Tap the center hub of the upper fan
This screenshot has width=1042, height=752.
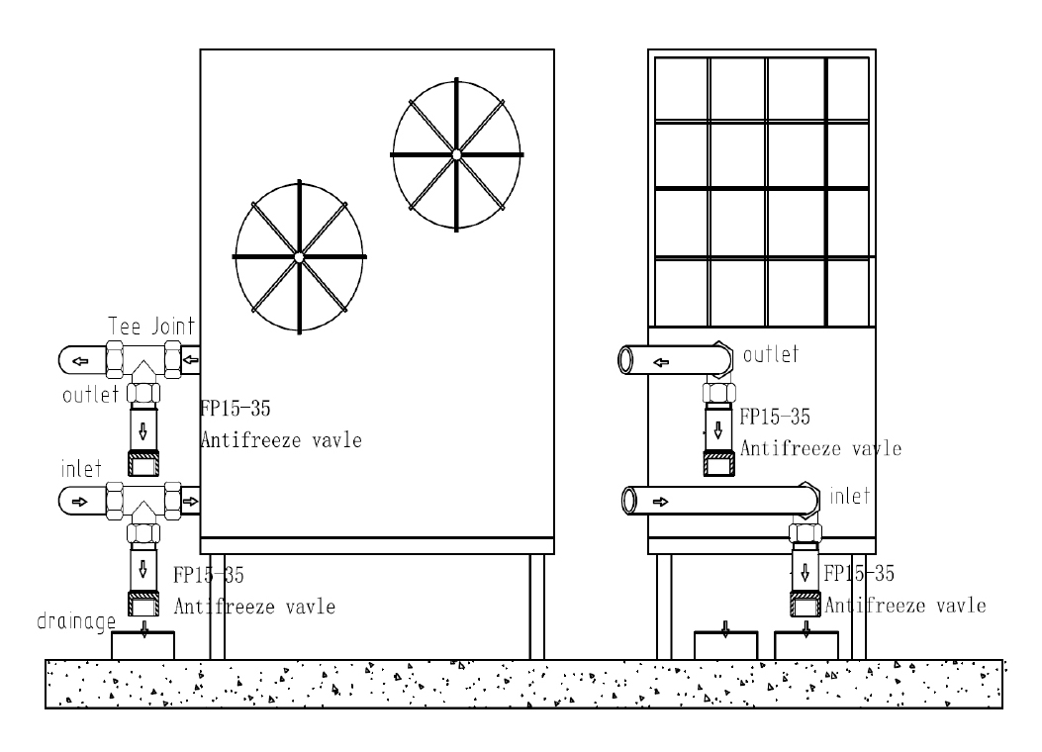[456, 154]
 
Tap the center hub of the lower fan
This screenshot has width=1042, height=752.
[298, 257]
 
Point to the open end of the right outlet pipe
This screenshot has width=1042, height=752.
[626, 360]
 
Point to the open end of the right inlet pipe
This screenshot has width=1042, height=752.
[628, 502]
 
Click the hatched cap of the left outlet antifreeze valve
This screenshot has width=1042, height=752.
[144, 463]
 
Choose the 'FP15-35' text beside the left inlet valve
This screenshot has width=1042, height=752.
[209, 575]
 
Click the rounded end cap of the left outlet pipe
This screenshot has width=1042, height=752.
[69, 357]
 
